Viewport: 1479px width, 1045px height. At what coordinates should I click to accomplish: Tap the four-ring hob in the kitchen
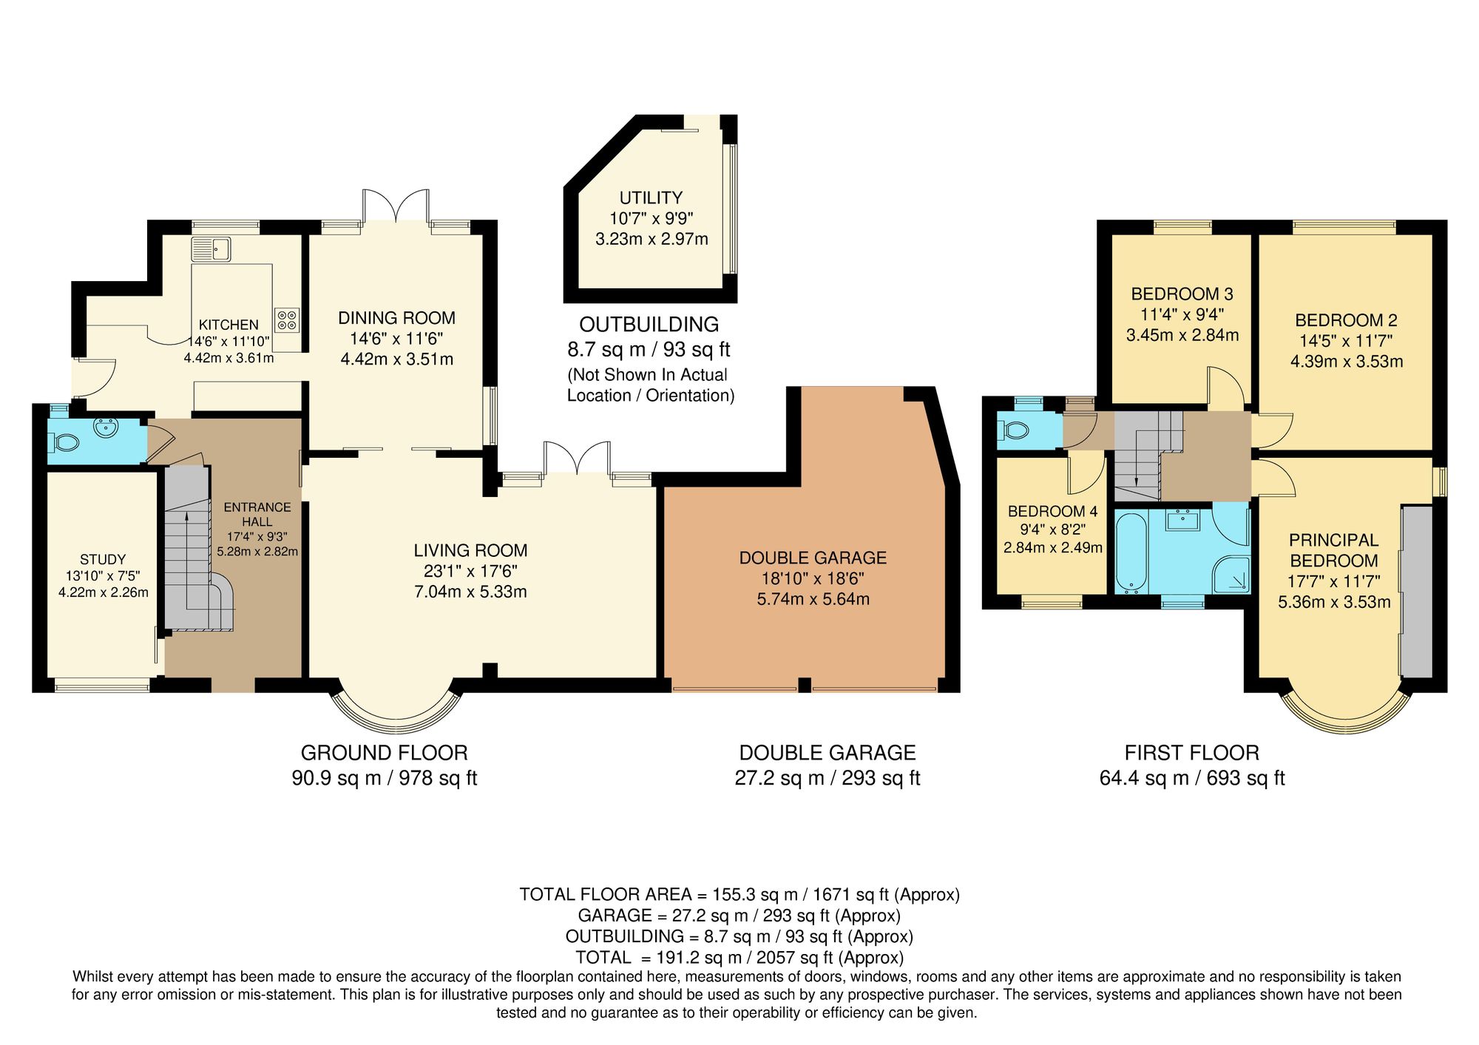click(288, 319)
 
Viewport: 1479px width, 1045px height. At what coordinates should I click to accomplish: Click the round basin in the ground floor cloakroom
click(108, 427)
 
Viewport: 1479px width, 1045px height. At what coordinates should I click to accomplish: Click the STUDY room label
click(103, 560)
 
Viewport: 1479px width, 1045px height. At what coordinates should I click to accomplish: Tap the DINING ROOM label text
click(396, 318)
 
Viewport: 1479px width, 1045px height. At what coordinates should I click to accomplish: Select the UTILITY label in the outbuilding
click(651, 197)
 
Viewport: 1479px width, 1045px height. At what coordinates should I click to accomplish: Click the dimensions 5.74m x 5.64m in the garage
click(813, 599)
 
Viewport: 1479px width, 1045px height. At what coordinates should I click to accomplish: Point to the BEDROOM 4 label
click(1052, 511)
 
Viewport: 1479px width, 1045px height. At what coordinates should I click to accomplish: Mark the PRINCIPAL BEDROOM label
click(1333, 550)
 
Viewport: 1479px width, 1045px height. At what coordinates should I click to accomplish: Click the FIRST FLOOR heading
click(1191, 753)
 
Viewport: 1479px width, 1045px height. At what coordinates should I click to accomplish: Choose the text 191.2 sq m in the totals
click(694, 958)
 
